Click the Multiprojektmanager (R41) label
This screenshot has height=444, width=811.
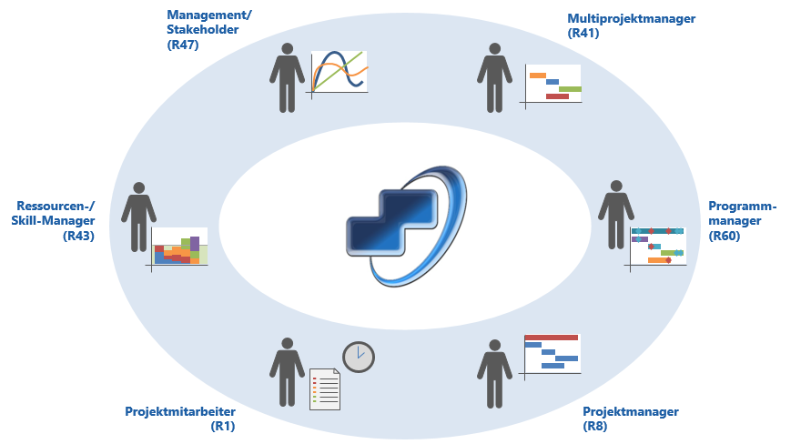[x=631, y=25]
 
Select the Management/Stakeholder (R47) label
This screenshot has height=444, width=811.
[x=209, y=29]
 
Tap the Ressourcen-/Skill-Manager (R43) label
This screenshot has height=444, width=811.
[x=54, y=221]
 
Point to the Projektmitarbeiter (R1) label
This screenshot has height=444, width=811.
[x=180, y=419]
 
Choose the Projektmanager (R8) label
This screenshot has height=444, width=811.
[x=631, y=419]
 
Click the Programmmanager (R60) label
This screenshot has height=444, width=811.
[x=742, y=221]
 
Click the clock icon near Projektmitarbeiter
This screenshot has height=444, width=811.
[x=359, y=357]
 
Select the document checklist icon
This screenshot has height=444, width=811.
[x=325, y=389]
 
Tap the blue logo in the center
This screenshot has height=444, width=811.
[x=406, y=226]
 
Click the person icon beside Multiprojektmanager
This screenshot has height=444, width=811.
[x=494, y=77]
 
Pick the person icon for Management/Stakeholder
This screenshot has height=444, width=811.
[x=287, y=77]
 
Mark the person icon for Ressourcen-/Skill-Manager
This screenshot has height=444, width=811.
[x=138, y=217]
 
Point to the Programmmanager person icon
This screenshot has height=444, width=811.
[x=616, y=215]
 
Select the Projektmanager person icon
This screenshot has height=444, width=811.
[x=494, y=374]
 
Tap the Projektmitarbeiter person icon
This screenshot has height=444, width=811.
[x=287, y=372]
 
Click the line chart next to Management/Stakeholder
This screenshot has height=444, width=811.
[x=340, y=73]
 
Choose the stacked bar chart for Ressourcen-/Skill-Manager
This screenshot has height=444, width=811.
[x=178, y=248]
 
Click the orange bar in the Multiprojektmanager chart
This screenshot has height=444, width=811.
[x=538, y=76]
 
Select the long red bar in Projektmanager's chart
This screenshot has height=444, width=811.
[x=552, y=338]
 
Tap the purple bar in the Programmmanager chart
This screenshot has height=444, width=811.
[x=640, y=239]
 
